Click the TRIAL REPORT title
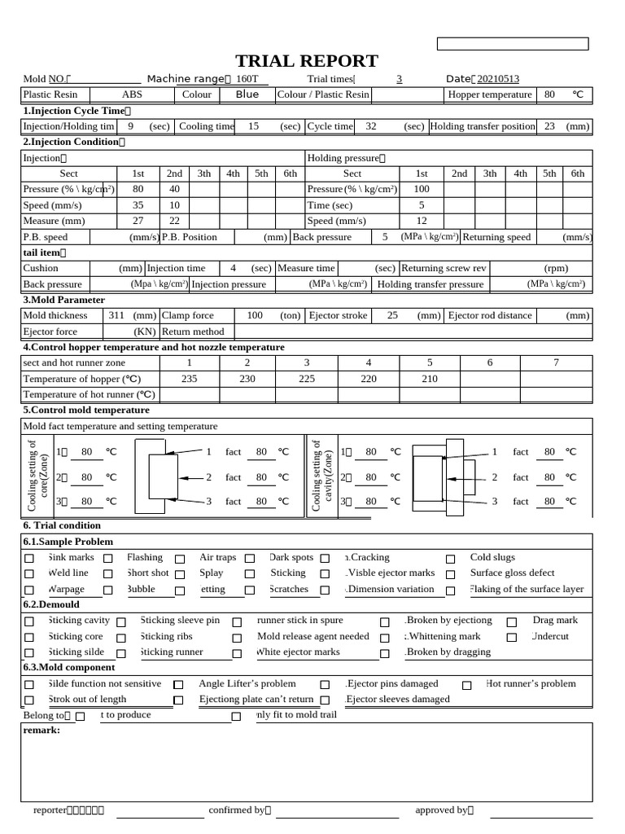coord(307,61)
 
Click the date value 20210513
coord(497,79)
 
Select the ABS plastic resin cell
coord(131,94)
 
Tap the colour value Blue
coord(247,94)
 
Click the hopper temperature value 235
coord(190,379)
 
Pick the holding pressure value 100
coord(421,189)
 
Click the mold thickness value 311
coord(116,315)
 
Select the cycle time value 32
coord(371,126)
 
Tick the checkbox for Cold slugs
coord(450,559)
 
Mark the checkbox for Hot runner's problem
coord(466,685)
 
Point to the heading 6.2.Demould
coord(51,604)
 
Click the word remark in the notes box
coord(42,730)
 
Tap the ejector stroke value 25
coord(392,315)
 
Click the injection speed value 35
coord(138,205)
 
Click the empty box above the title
coord(513,44)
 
